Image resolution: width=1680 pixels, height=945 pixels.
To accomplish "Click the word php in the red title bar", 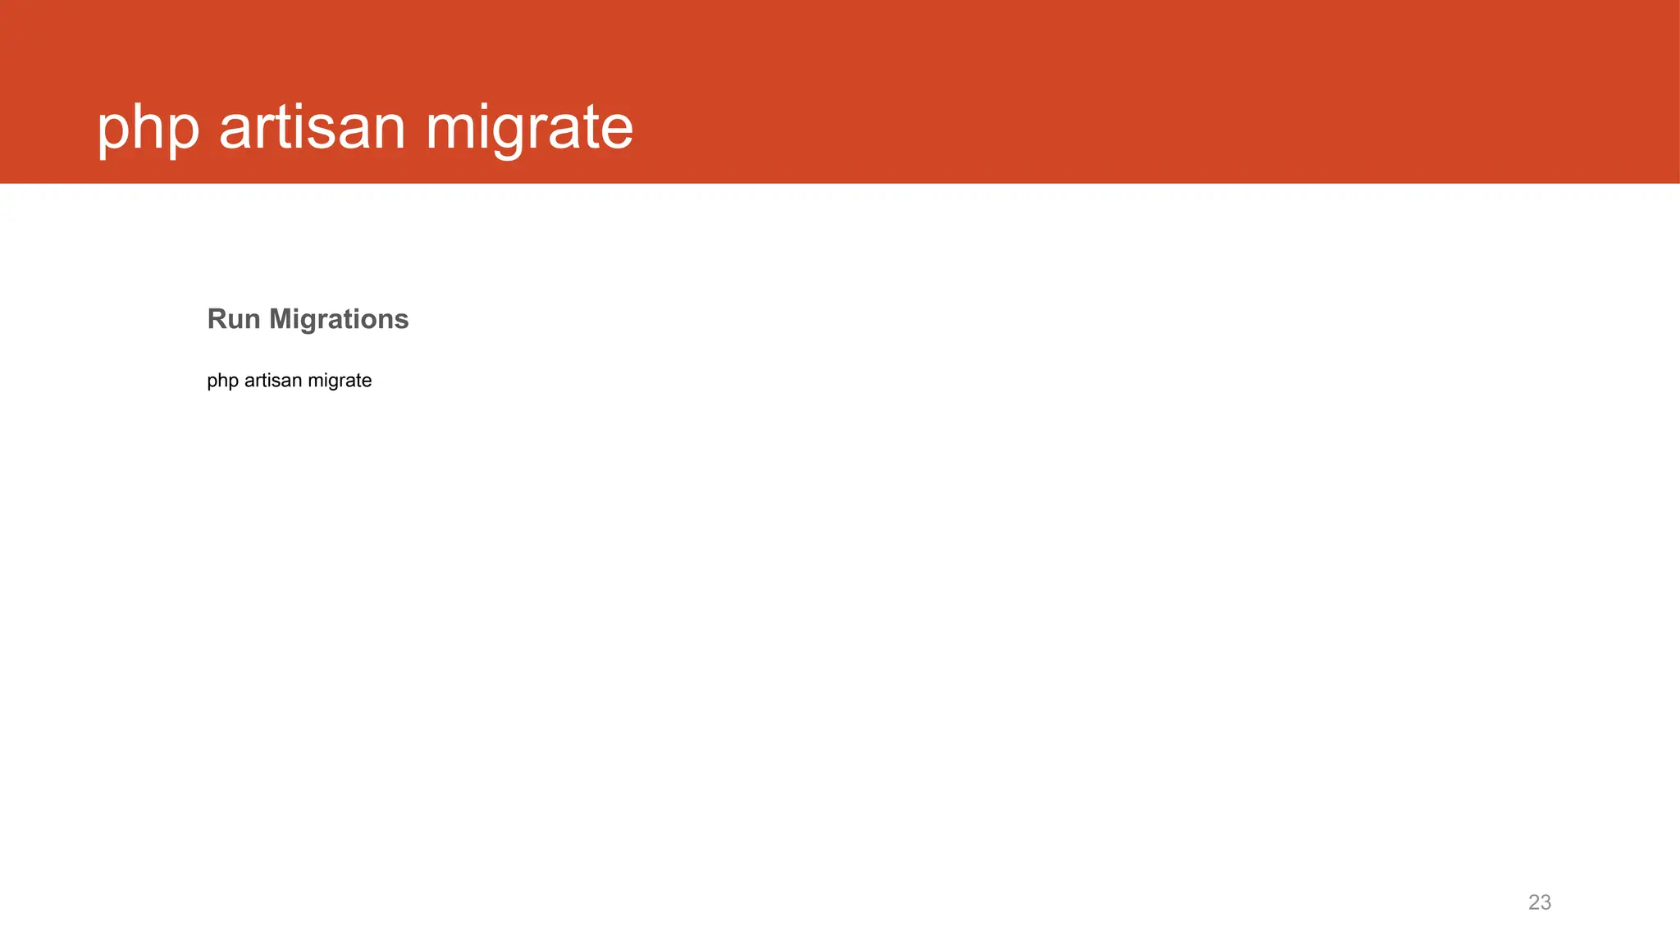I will (148, 129).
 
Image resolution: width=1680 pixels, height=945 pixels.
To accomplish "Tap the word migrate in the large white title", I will (529, 129).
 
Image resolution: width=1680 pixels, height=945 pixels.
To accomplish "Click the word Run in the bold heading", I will (234, 319).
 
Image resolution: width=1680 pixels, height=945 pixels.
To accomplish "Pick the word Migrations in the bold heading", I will (339, 320).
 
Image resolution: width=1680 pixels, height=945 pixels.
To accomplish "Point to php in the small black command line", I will (222, 381).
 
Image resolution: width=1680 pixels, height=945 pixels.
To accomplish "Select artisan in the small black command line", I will (273, 381).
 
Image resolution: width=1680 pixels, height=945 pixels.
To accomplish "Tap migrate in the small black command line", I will (340, 381).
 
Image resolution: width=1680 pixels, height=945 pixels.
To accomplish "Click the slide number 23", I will (1540, 902).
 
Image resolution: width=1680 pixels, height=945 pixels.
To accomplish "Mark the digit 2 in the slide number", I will (1534, 902).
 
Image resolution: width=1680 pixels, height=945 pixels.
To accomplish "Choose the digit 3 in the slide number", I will (1546, 902).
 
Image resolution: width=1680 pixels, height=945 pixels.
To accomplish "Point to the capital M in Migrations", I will (281, 319).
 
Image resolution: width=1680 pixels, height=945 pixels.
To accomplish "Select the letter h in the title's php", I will (148, 127).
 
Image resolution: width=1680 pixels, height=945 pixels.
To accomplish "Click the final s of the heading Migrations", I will (401, 321).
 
